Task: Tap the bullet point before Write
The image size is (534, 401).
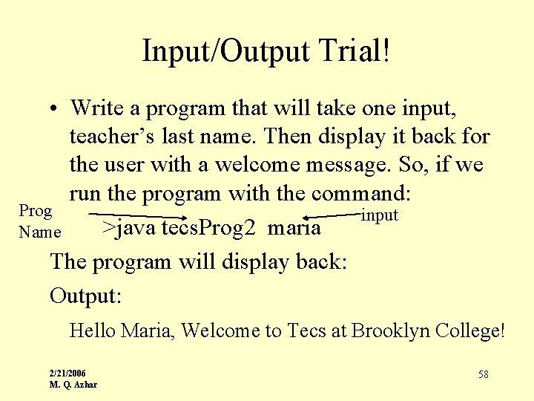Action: pyautogui.click(x=55, y=109)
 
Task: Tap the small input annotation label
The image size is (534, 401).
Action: pyautogui.click(x=380, y=215)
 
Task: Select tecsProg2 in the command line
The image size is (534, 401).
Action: pyautogui.click(x=209, y=227)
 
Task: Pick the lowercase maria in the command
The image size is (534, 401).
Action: pyautogui.click(x=294, y=227)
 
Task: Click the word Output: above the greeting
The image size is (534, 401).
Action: pyautogui.click(x=85, y=296)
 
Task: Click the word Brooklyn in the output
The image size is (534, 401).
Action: pyautogui.click(x=390, y=330)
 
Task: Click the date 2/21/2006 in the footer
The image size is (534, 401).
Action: pyautogui.click(x=67, y=373)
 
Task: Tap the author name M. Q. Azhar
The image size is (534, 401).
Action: pyautogui.click(x=73, y=384)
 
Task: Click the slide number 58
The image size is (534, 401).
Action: pyautogui.click(x=483, y=374)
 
